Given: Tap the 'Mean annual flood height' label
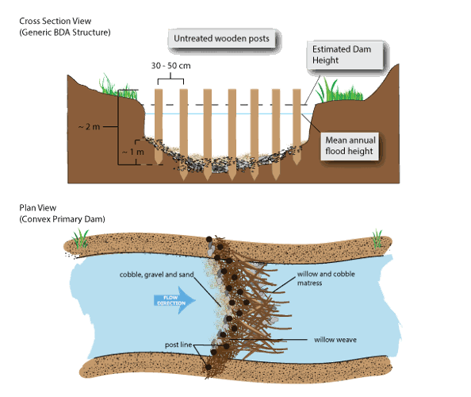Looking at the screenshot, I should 350,146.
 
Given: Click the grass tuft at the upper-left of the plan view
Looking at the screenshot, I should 79,235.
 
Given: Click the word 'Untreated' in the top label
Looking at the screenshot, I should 196,38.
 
